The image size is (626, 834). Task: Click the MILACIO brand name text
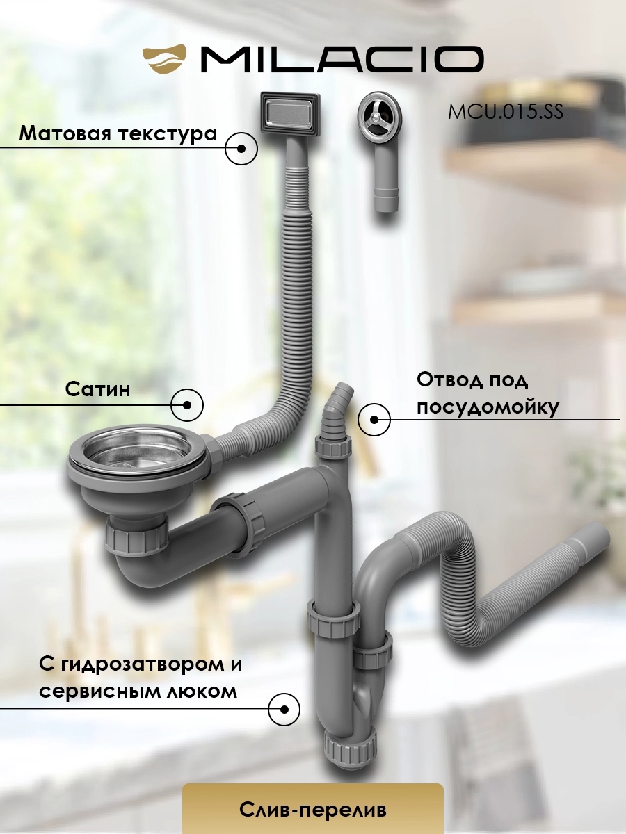pyautogui.click(x=341, y=59)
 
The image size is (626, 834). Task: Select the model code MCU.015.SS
pyautogui.click(x=505, y=111)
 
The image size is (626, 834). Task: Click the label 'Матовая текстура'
pyautogui.click(x=118, y=133)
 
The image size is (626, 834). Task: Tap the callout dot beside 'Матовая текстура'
pyautogui.click(x=242, y=149)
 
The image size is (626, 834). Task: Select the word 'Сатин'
pyautogui.click(x=98, y=389)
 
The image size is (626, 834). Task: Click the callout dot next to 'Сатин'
pyautogui.click(x=187, y=404)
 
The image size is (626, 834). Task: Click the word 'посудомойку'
pyautogui.click(x=488, y=407)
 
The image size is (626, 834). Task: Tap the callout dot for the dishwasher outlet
pyautogui.click(x=374, y=420)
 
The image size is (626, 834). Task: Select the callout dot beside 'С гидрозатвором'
pyautogui.click(x=284, y=710)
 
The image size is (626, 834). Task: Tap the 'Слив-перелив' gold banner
pyautogui.click(x=312, y=809)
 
